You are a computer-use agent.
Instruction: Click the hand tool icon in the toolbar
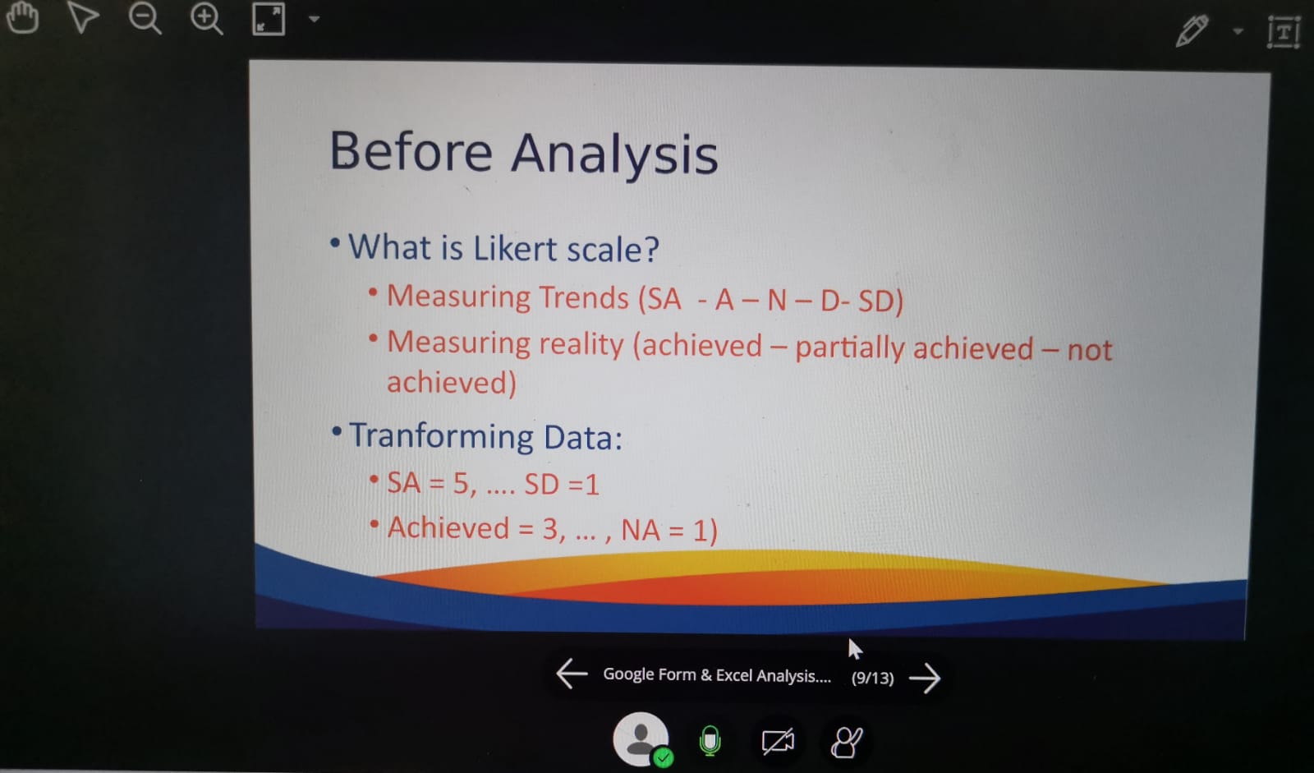22,17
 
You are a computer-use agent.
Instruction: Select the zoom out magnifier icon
145,19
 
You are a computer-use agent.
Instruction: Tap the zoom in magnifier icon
206,19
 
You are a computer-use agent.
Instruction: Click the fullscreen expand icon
269,19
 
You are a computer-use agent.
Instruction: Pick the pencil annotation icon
1192,30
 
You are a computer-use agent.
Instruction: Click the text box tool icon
1284,32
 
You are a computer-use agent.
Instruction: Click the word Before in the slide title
411,151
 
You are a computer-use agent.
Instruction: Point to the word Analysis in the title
614,154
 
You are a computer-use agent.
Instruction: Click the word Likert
515,248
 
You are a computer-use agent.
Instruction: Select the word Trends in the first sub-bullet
584,297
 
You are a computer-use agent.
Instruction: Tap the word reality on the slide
581,344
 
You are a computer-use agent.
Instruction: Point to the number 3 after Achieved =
551,528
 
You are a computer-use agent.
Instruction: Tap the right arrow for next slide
925,679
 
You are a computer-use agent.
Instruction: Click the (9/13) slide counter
873,678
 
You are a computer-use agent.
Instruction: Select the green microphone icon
710,741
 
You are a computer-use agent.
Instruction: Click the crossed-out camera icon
778,741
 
